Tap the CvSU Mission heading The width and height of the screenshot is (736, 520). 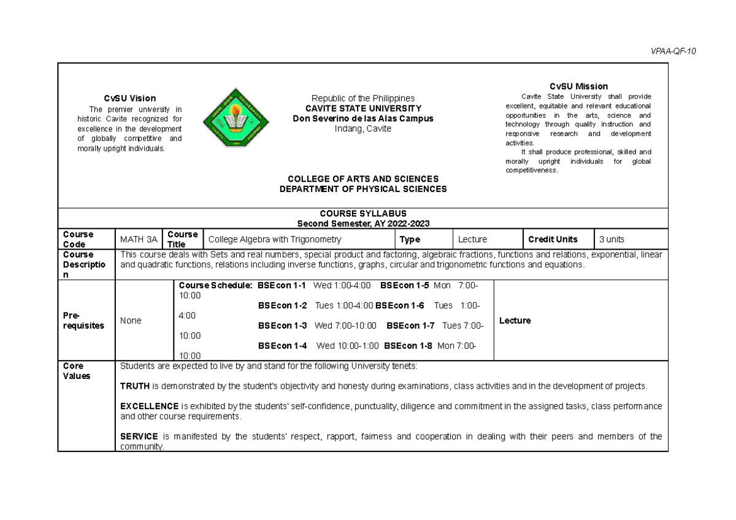pyautogui.click(x=578, y=86)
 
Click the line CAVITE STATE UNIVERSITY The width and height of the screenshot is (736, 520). pyautogui.click(x=363, y=109)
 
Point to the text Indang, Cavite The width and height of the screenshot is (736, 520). pyautogui.click(x=363, y=129)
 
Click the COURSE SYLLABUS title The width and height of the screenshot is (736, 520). pyautogui.click(x=363, y=213)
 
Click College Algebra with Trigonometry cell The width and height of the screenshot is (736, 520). pyautogui.click(x=275, y=239)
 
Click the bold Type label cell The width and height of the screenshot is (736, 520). pyautogui.click(x=410, y=239)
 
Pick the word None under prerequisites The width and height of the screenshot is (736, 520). pyautogui.click(x=131, y=321)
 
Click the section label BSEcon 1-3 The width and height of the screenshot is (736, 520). pyautogui.click(x=283, y=326)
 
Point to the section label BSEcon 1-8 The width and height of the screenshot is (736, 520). pyautogui.click(x=408, y=345)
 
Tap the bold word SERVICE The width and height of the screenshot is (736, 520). pyautogui.click(x=138, y=437)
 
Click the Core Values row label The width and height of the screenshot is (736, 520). pyautogui.click(x=77, y=371)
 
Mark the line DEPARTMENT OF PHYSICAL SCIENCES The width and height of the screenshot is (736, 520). pyautogui.click(x=363, y=189)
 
